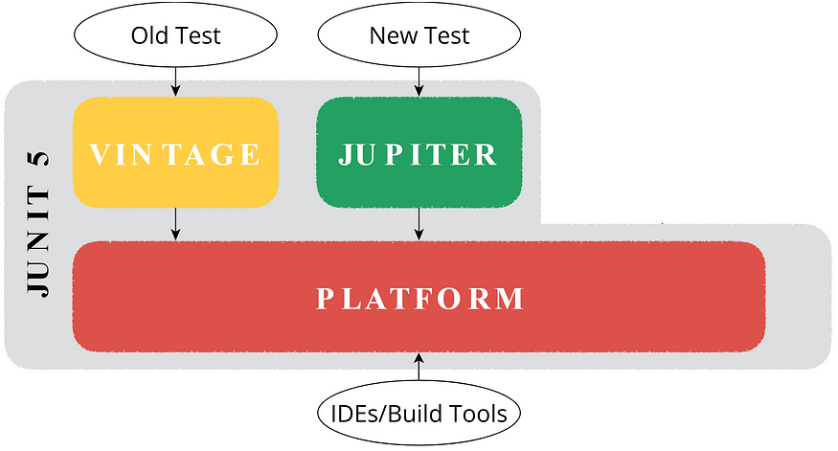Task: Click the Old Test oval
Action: (175, 34)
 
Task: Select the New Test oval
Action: (419, 34)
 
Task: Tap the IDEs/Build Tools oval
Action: (419, 413)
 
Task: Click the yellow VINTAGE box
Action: (175, 152)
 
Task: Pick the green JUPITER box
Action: (419, 152)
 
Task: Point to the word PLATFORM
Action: (420, 298)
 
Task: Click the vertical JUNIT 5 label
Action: (38, 223)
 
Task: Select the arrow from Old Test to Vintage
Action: (175, 81)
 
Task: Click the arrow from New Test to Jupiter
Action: (419, 81)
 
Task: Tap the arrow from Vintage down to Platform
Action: (175, 224)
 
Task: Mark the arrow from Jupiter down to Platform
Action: (419, 224)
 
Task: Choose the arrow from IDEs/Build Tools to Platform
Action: (419, 367)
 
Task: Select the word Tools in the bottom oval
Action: (478, 414)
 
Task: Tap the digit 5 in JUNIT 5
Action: (38, 159)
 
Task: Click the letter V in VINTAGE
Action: (100, 154)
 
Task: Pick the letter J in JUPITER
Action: (346, 154)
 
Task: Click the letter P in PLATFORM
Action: (325, 299)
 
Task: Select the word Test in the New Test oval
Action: (446, 35)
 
